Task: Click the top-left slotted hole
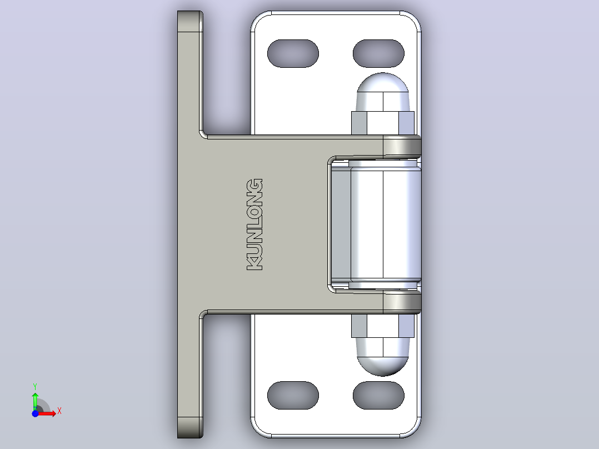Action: [x=293, y=53]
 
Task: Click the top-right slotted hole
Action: [x=378, y=53]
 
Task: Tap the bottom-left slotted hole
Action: [x=293, y=395]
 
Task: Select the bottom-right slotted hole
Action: [x=378, y=395]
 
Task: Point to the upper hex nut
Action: [x=383, y=123]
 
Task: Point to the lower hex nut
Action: [x=383, y=326]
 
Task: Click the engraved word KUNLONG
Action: [x=255, y=225]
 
